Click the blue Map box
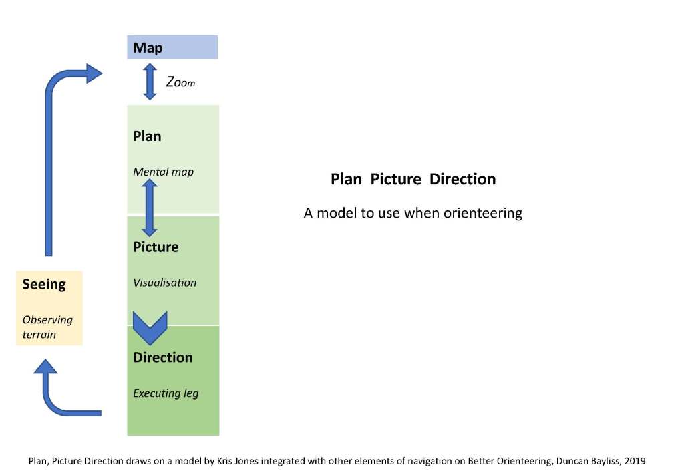point(172,47)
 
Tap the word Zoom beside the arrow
point(180,82)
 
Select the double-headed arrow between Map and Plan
point(150,82)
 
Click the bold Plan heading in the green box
point(147,136)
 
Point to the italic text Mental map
point(163,172)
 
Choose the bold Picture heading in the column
point(156,247)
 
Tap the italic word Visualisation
point(164,283)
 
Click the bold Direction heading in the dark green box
point(162,357)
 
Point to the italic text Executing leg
point(166,393)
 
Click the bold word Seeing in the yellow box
point(44,284)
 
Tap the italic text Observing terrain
point(47,326)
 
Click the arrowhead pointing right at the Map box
point(93,73)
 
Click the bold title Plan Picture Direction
point(413,179)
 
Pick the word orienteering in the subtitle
point(480,214)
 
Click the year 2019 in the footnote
point(635,460)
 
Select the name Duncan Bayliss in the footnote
point(587,460)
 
